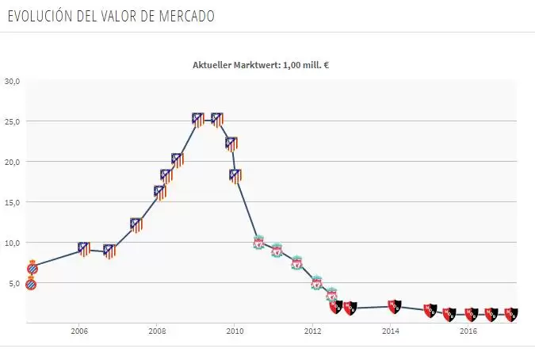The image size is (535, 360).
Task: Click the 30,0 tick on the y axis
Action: point(12,81)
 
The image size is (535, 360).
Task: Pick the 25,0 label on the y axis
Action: point(12,121)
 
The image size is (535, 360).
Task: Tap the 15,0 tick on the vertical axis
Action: point(12,202)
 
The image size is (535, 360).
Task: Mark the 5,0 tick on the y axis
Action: point(14,283)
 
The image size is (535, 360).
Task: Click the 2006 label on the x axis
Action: point(78,331)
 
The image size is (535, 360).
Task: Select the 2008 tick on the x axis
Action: point(157,331)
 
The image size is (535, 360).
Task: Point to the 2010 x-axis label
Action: point(235,331)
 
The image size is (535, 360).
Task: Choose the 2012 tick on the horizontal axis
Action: point(312,331)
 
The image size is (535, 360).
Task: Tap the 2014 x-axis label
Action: point(391,331)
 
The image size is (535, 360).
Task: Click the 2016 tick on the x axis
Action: point(468,331)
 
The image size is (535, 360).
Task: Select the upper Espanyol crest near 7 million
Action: point(32,267)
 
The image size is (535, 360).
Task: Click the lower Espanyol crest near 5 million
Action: point(31,283)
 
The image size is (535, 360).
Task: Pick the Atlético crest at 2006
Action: point(83,250)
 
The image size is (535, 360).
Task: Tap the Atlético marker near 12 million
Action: point(136,224)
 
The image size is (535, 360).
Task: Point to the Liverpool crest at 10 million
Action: point(258,242)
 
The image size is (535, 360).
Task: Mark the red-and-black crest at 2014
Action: point(395,305)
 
